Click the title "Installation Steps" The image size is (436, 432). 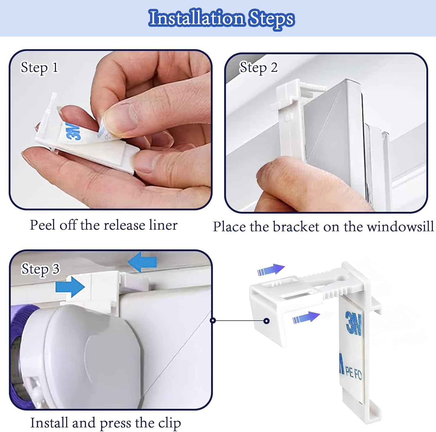point(221,18)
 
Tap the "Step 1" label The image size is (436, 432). point(40,68)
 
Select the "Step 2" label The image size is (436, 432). point(258,68)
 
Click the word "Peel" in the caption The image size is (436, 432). point(43,225)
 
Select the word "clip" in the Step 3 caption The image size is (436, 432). point(169,423)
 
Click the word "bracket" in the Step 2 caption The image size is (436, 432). point(296,227)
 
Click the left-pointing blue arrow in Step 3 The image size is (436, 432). point(142,262)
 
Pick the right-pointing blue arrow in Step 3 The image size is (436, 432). point(70,287)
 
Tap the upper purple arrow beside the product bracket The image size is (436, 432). point(271,270)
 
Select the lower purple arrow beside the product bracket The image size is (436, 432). point(306,317)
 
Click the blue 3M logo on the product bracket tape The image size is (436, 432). point(353,322)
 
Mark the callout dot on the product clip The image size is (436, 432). point(266,321)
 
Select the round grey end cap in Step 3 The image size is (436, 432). point(87,357)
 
